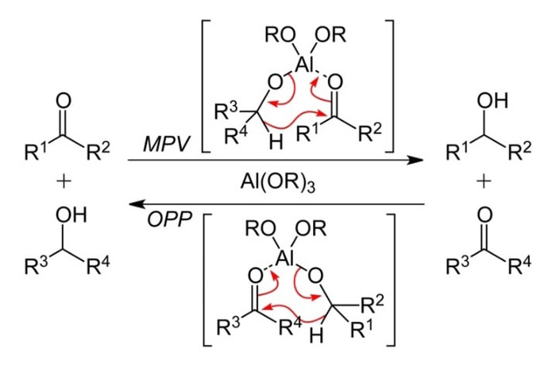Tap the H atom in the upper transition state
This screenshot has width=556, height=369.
[273, 146]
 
